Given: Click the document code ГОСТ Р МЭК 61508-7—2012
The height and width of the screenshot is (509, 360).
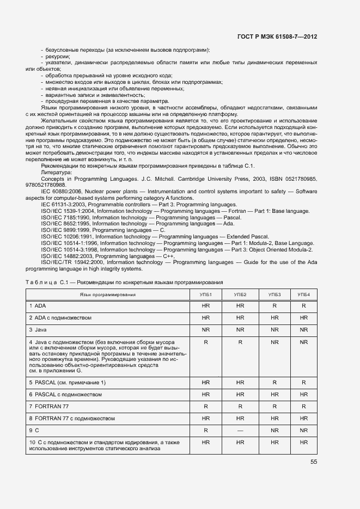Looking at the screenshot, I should click(x=277, y=36).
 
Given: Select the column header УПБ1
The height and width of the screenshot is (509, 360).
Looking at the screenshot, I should click(x=206, y=295).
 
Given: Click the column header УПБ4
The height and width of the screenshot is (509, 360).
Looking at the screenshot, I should click(x=303, y=295).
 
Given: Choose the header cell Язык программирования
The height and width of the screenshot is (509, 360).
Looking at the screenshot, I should click(x=107, y=295).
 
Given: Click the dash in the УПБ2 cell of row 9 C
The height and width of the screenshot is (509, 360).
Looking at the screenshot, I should click(x=240, y=430).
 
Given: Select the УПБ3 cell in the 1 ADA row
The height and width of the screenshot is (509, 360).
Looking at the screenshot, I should click(x=274, y=306).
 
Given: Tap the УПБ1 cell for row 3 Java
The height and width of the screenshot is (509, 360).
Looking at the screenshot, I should click(x=206, y=329).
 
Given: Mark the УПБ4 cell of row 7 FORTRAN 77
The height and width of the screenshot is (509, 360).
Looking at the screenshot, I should click(x=303, y=406).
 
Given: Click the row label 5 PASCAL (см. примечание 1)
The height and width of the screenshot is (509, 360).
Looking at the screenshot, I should click(x=68, y=383).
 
